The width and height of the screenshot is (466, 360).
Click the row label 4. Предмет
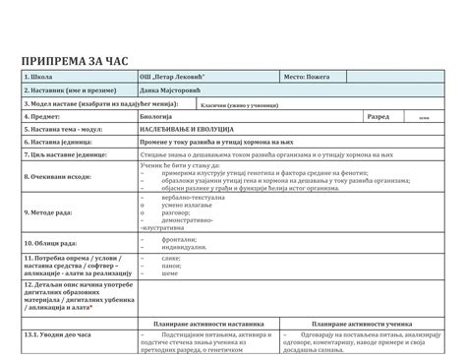44,116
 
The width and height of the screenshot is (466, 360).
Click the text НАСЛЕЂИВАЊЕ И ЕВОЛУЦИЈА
187,129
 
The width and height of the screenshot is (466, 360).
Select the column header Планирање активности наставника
209,322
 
